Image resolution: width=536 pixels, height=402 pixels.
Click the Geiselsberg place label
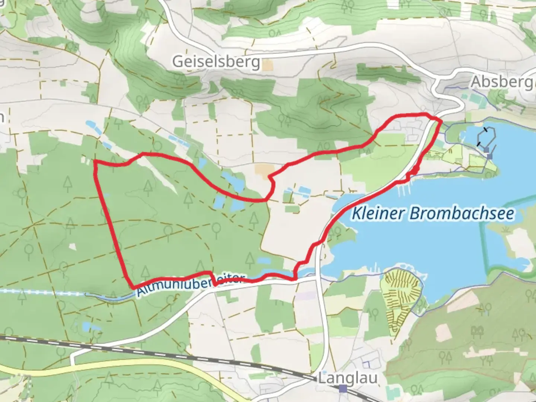coord(216,62)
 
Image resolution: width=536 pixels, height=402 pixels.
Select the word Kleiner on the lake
coord(378,214)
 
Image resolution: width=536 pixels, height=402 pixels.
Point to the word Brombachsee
coord(462,214)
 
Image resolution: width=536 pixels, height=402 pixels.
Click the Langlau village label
coord(347,378)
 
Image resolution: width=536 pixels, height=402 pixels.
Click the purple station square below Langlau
coord(342,389)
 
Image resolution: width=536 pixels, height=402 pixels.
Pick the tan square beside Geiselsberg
coord(267,66)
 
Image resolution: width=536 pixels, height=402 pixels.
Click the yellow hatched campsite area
coord(401,294)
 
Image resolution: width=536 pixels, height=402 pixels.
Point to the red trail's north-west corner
coord(95,161)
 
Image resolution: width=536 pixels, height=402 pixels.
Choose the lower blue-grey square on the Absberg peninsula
coord(489,157)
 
